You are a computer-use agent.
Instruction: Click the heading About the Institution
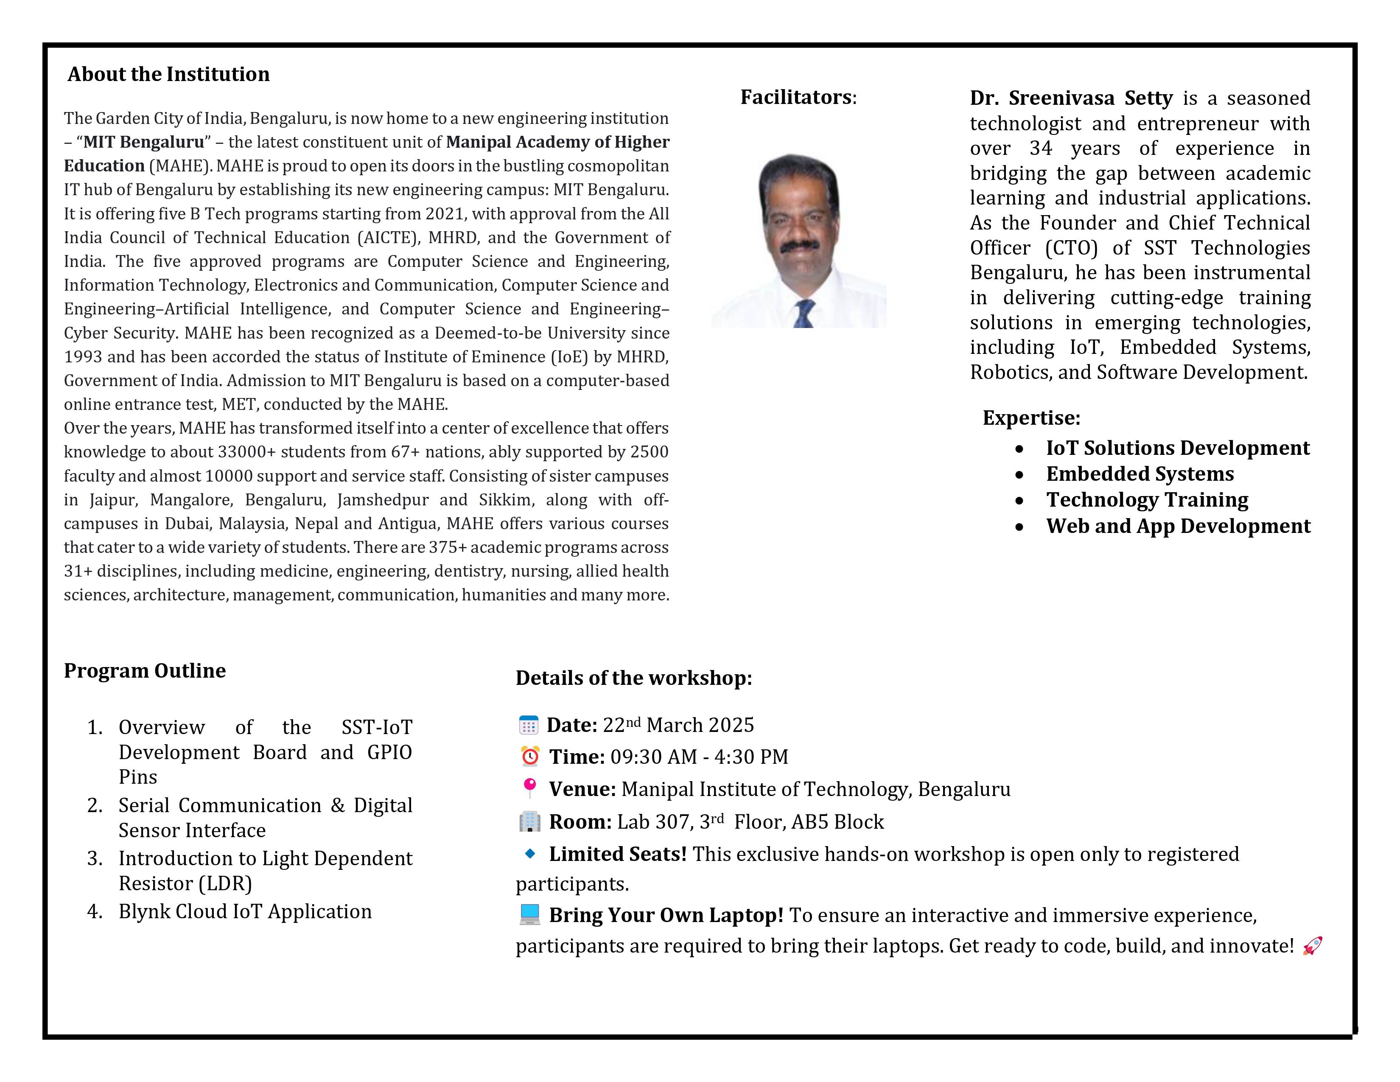click(168, 74)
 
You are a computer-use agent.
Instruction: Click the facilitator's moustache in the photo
click(799, 246)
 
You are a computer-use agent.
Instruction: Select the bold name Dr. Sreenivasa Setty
click(1070, 98)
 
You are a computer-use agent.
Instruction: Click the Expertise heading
click(1031, 418)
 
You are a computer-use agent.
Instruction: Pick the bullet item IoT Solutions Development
click(1178, 448)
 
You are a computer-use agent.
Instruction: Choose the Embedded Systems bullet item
click(1140, 474)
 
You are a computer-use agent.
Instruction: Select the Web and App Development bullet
click(1178, 526)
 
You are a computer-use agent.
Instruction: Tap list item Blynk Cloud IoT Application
click(245, 911)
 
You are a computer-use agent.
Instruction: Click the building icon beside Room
click(529, 822)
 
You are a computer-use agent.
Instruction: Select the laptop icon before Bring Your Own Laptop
click(529, 915)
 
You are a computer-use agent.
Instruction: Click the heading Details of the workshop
click(633, 678)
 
